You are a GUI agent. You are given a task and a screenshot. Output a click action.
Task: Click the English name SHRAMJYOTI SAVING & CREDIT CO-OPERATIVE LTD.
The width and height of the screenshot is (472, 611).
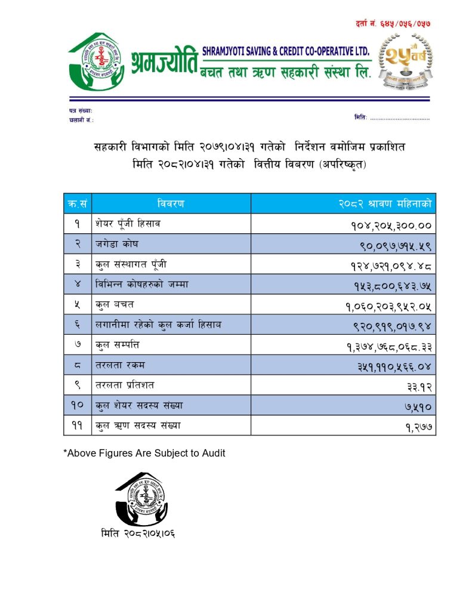coord(286,51)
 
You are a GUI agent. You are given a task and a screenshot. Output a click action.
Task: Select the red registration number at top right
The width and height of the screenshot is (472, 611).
coord(393,23)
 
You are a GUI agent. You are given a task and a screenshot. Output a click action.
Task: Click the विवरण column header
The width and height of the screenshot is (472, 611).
coord(171,203)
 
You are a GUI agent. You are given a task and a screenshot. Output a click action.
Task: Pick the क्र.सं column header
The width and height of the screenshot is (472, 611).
coord(77,203)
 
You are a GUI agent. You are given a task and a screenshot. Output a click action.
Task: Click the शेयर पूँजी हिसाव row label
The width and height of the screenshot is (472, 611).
coord(128,224)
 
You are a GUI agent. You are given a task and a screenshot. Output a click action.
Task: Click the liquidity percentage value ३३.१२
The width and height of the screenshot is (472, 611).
coord(419,386)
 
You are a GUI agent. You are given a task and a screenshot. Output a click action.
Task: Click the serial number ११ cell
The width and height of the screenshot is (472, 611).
coord(77,426)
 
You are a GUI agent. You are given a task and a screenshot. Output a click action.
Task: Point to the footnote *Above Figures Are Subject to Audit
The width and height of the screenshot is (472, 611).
coord(144,453)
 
